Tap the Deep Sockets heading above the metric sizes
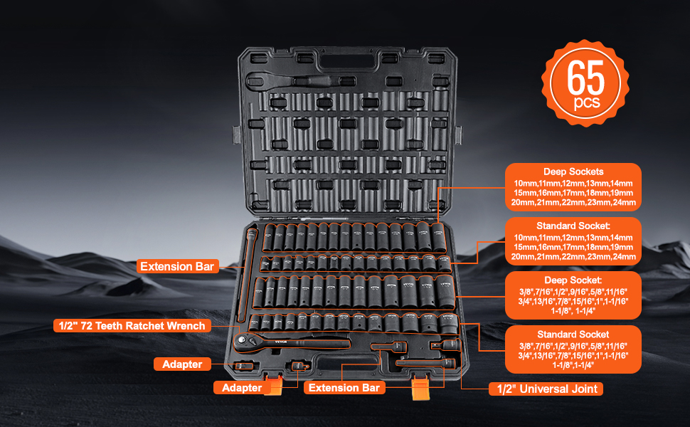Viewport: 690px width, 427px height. tap(573, 172)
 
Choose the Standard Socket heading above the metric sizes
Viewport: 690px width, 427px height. tap(573, 226)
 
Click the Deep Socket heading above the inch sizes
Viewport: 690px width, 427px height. tap(573, 280)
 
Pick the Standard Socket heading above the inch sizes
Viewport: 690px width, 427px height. tap(573, 334)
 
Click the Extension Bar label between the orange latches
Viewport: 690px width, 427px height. tap(345, 388)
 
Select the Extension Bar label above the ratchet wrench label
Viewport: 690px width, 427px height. tap(177, 267)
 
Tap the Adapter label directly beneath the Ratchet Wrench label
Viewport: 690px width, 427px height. tap(182, 364)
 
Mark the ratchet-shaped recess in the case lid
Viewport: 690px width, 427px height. tap(299, 80)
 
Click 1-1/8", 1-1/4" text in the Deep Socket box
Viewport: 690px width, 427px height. tap(573, 310)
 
